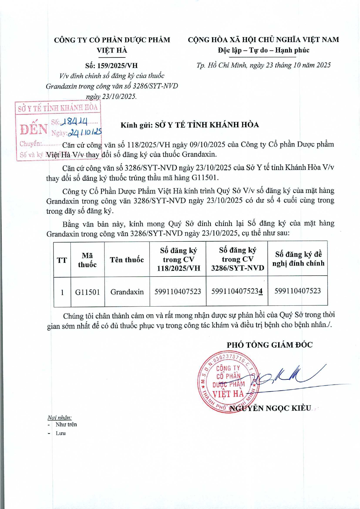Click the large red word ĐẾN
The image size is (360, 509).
[34, 129]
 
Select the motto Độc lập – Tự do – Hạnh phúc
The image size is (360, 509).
[263, 50]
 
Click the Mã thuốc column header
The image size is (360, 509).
[87, 260]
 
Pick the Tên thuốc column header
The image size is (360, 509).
[127, 260]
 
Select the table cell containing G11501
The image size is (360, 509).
[87, 292]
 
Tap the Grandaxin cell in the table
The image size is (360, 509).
[127, 292]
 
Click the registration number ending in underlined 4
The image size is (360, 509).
[237, 291]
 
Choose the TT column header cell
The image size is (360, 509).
[62, 260]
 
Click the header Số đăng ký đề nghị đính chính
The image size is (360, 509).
[298, 259]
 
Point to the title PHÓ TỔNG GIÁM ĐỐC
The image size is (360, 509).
[269, 345]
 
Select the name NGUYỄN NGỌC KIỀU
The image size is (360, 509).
[270, 408]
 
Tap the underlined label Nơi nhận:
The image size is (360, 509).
[59, 418]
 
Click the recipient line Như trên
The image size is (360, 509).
[66, 425]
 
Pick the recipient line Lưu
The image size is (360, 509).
[61, 433]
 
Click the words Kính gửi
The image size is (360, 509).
[136, 125]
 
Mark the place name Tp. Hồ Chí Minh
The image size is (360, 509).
[221, 65]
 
